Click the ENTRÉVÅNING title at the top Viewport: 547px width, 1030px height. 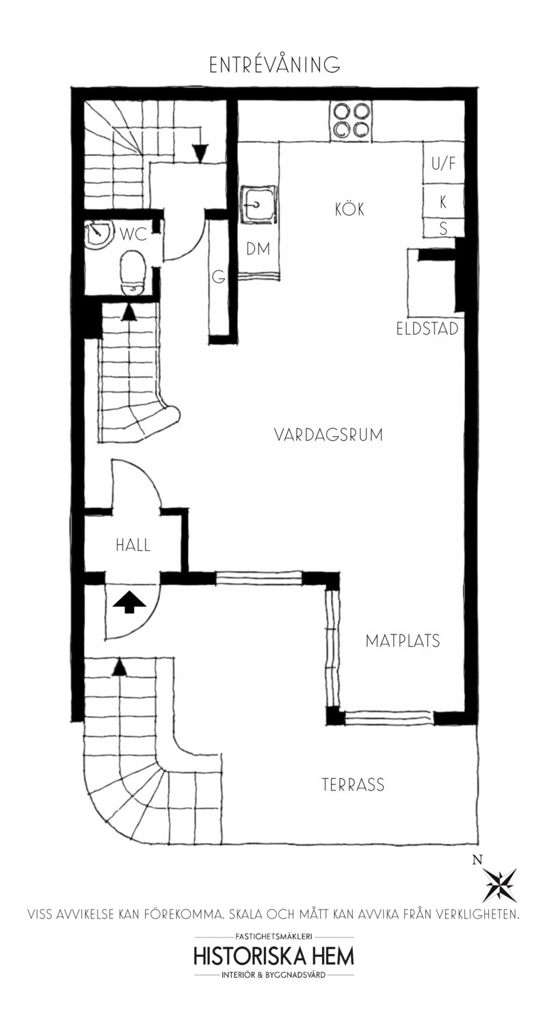click(x=274, y=64)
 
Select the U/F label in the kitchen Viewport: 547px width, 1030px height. click(x=444, y=164)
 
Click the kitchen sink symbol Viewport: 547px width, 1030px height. click(x=258, y=205)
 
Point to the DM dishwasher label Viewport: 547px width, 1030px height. click(x=258, y=249)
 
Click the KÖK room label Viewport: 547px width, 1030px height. click(x=350, y=209)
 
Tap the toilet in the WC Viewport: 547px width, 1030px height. click(x=133, y=272)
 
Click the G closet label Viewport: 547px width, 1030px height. click(x=219, y=277)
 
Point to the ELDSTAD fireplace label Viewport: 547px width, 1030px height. click(x=427, y=329)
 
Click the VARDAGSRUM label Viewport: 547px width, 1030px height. click(x=328, y=435)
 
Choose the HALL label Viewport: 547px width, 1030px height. click(x=133, y=545)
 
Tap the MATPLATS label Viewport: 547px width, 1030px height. click(x=403, y=641)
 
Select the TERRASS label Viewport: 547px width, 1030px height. click(x=353, y=784)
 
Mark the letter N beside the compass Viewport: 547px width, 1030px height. click(x=478, y=860)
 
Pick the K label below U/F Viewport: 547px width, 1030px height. click(x=443, y=202)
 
